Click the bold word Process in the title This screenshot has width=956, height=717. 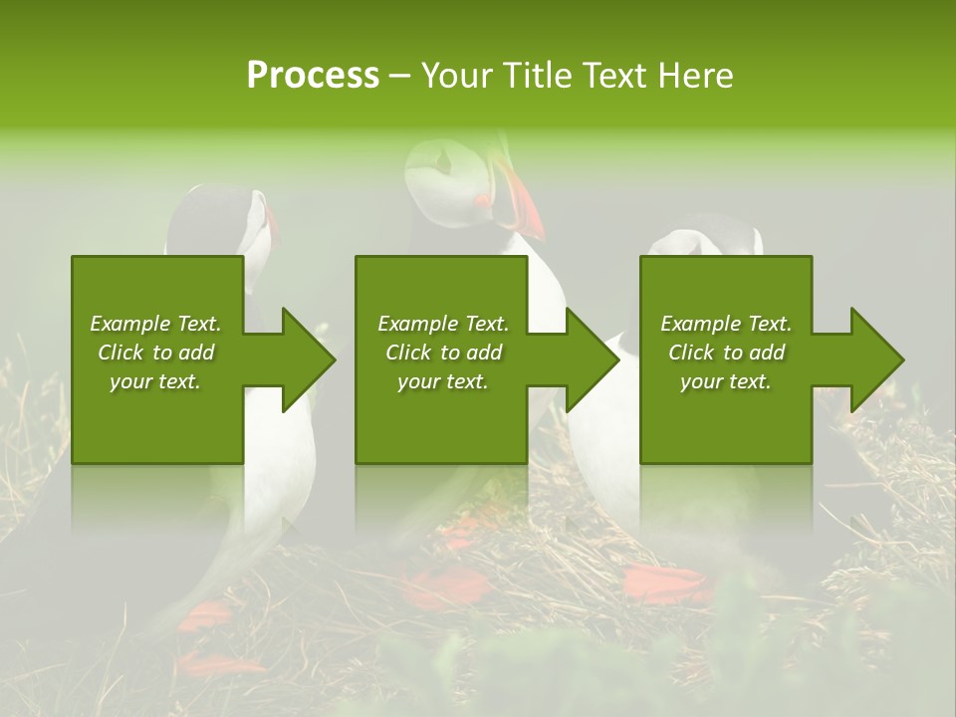tap(313, 76)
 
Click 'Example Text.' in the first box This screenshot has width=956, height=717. tap(155, 324)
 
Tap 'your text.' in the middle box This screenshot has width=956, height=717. tap(442, 381)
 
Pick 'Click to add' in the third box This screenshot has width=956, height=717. tap(726, 353)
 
